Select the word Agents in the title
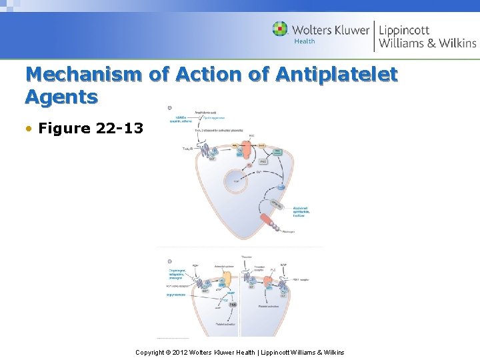click(61, 97)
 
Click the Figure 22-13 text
click(91, 128)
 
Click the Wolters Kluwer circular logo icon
click(280, 29)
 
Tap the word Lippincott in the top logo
click(405, 29)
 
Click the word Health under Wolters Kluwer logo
click(305, 41)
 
